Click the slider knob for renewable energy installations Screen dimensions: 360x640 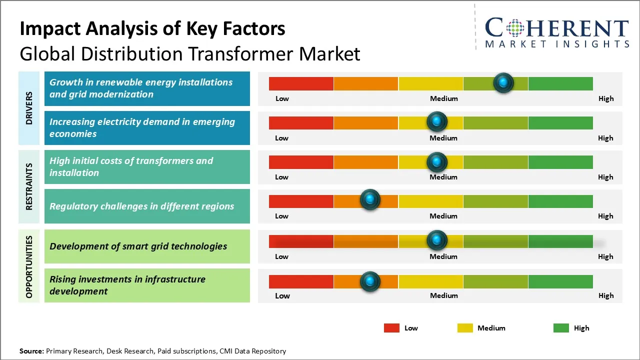pyautogui.click(x=503, y=82)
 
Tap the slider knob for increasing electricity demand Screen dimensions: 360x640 pyautogui.click(x=437, y=121)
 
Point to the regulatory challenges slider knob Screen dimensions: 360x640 pyautogui.click(x=370, y=200)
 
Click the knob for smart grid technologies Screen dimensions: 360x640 pyautogui.click(x=437, y=240)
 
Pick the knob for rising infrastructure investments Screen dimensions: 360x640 pyautogui.click(x=370, y=281)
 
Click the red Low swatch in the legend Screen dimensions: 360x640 pyautogui.click(x=391, y=328)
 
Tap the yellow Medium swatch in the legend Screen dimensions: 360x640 pyautogui.click(x=465, y=328)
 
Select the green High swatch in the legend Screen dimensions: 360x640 pyautogui.click(x=561, y=328)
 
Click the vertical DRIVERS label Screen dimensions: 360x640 pyautogui.click(x=29, y=108)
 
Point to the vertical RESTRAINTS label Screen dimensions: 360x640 pyautogui.click(x=29, y=186)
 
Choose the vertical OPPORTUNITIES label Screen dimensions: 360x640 pyautogui.click(x=29, y=266)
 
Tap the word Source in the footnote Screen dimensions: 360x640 pyautogui.click(x=31, y=351)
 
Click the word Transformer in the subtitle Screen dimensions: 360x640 pyautogui.click(x=238, y=53)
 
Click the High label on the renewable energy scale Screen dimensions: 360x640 pyautogui.click(x=605, y=98)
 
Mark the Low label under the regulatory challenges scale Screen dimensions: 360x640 pyautogui.click(x=281, y=216)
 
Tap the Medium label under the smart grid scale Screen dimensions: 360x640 pyautogui.click(x=443, y=256)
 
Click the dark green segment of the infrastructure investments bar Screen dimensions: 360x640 pyautogui.click(x=560, y=281)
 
